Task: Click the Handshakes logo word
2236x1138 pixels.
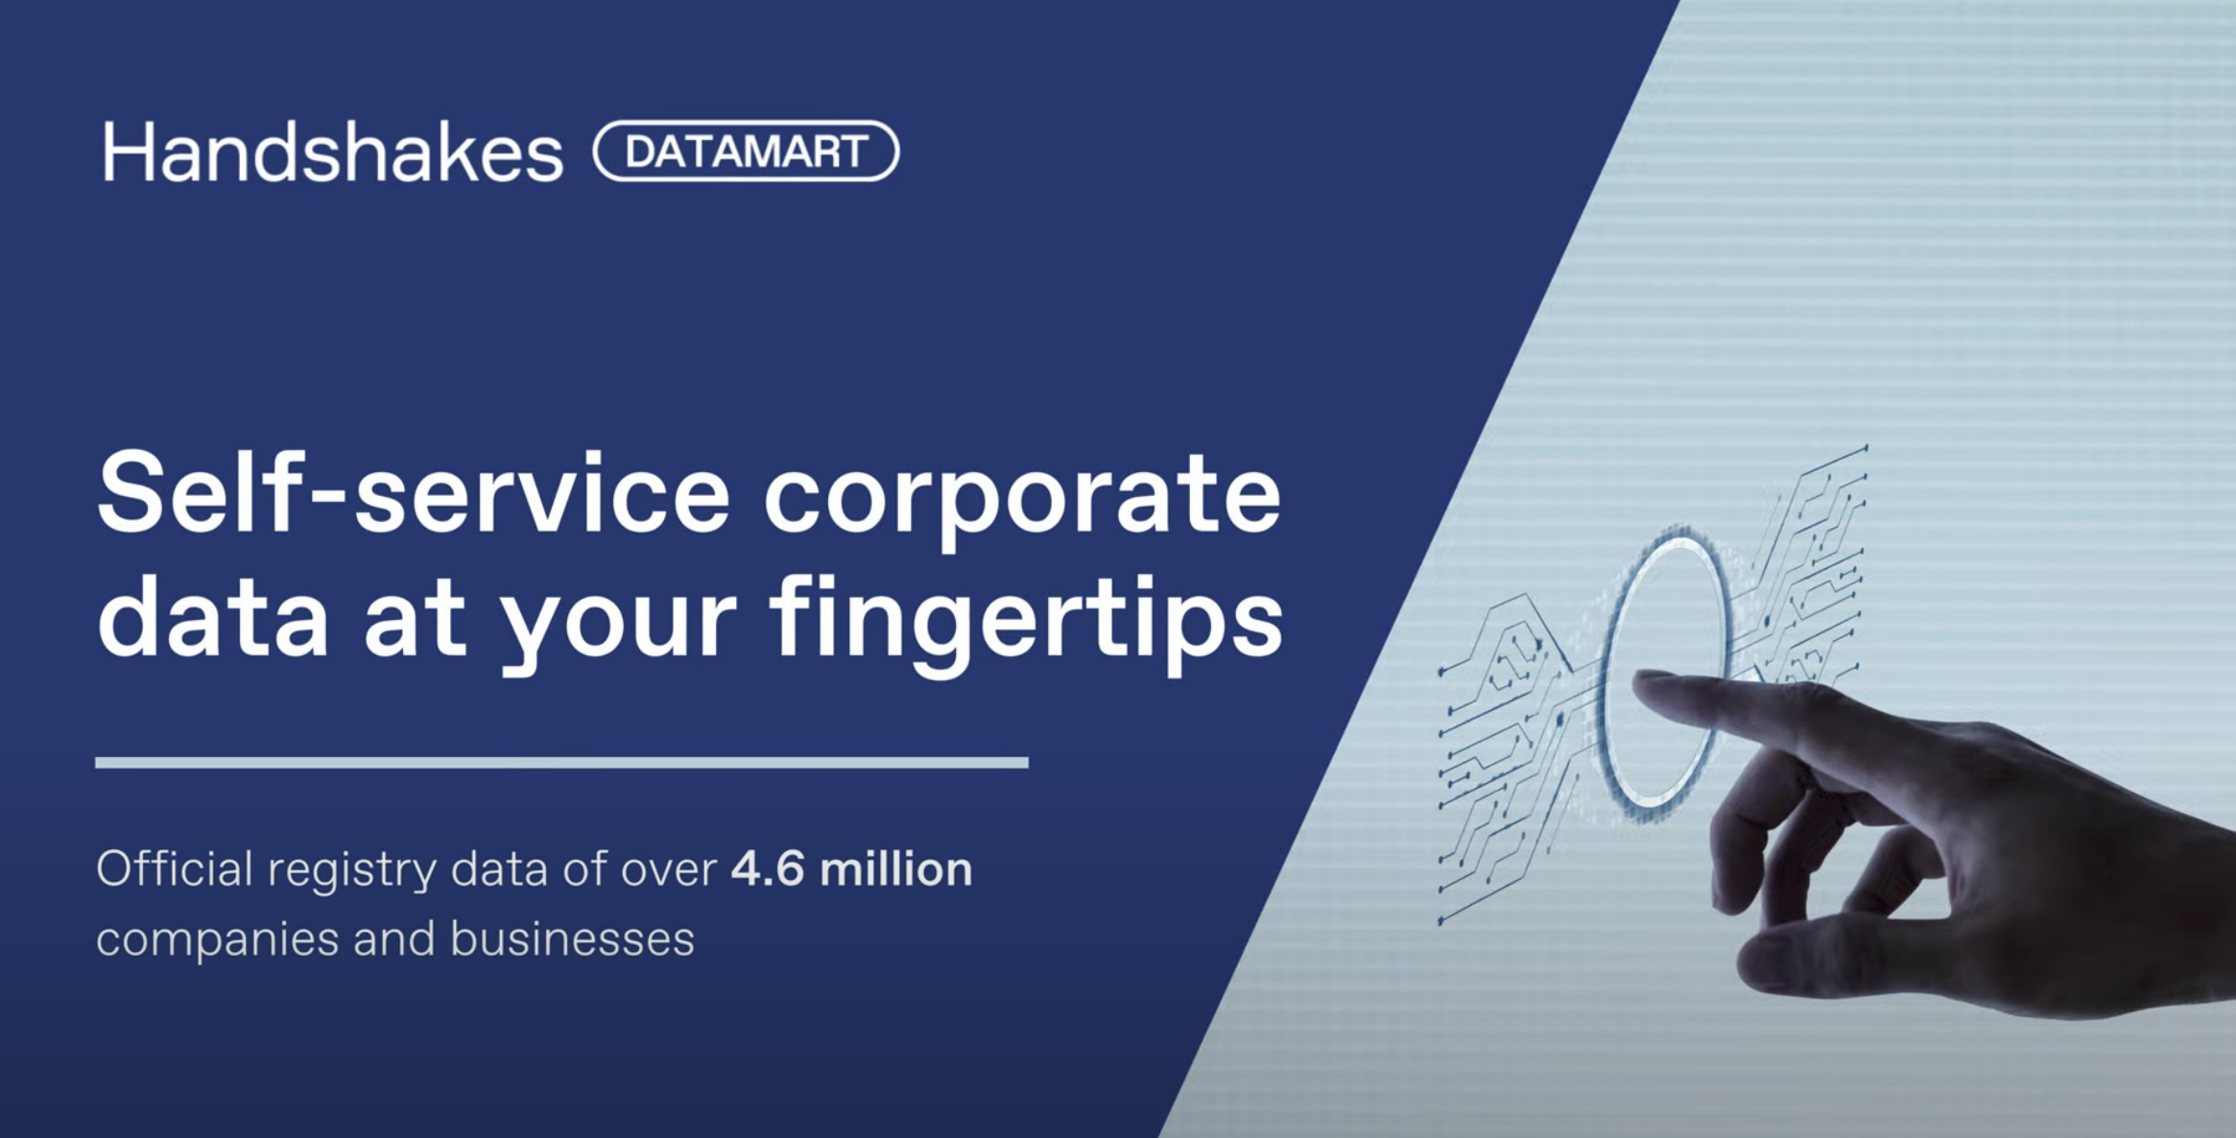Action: click(332, 153)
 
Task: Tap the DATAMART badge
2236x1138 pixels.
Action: click(746, 152)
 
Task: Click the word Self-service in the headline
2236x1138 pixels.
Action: click(414, 495)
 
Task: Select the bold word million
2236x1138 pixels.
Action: click(895, 869)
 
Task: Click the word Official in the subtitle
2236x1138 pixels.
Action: click(174, 869)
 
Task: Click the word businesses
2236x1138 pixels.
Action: click(572, 938)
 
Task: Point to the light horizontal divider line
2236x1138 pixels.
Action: click(561, 763)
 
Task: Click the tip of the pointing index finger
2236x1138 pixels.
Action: click(1643, 680)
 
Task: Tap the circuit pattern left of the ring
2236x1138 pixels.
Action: click(1507, 748)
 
